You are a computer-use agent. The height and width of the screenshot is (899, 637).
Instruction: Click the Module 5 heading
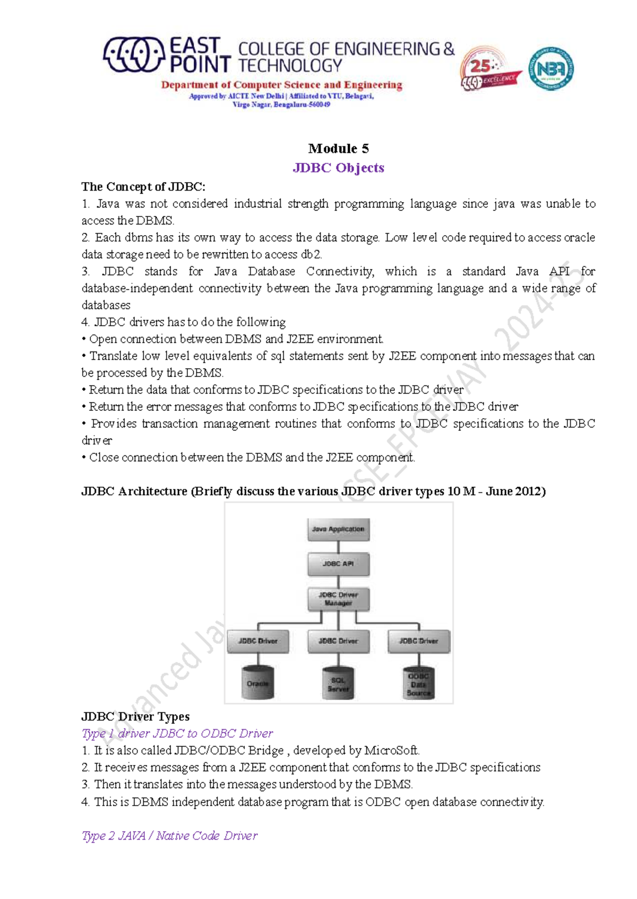338,149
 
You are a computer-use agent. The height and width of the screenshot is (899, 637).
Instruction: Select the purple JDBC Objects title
338,168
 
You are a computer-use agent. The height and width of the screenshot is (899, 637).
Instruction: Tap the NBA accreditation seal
550,68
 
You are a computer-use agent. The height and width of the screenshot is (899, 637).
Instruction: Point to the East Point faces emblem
133,54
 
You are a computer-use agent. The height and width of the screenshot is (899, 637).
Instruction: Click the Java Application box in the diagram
338,530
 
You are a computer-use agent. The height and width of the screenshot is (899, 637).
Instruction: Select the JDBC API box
338,564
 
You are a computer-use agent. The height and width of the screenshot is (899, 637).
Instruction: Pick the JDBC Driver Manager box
338,599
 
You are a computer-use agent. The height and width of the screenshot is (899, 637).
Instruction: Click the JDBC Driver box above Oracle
258,641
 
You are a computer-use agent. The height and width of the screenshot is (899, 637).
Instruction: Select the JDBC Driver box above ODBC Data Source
419,641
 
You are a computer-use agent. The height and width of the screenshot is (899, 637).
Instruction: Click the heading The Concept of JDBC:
143,187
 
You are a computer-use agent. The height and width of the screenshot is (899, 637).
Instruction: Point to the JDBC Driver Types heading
135,716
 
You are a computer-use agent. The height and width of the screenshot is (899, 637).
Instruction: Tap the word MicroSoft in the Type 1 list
392,750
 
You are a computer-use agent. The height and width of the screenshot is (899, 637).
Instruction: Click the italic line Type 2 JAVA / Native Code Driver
169,836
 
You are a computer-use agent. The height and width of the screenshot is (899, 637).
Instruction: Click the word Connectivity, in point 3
340,272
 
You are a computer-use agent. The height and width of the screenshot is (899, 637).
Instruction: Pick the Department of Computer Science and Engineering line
282,85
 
